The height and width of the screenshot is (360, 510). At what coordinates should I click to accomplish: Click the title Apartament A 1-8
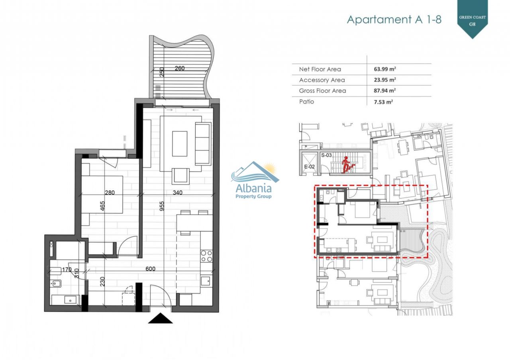394,20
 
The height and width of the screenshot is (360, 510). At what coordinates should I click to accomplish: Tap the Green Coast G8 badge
473,18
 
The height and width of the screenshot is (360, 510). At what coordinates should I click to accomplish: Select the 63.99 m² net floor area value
385,69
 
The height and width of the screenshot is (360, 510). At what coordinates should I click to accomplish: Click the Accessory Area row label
322,80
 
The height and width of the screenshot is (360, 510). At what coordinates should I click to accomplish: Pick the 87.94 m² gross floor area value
385,90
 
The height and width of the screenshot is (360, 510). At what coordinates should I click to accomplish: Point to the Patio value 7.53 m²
383,102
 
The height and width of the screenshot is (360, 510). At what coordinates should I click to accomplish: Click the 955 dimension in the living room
162,206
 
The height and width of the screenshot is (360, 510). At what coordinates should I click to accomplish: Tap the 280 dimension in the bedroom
110,193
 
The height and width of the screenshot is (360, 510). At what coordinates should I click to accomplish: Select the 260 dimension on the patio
180,68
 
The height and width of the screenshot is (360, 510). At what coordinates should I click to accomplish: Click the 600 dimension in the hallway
151,269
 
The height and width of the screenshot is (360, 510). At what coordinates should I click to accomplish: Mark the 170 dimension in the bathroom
67,270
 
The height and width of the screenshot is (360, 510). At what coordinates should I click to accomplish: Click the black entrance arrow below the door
160,318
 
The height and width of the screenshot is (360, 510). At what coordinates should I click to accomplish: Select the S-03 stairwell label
326,155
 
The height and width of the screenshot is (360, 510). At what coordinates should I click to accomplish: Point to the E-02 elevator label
310,166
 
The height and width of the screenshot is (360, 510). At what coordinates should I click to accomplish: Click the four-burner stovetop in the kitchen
206,256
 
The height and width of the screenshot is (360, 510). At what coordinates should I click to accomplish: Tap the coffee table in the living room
180,144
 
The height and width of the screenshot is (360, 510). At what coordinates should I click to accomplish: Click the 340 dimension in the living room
178,193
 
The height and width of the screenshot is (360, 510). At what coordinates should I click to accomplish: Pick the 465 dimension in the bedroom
102,206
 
